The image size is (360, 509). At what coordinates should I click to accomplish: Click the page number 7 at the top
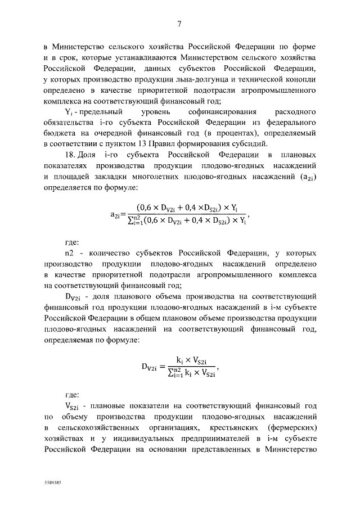179,24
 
